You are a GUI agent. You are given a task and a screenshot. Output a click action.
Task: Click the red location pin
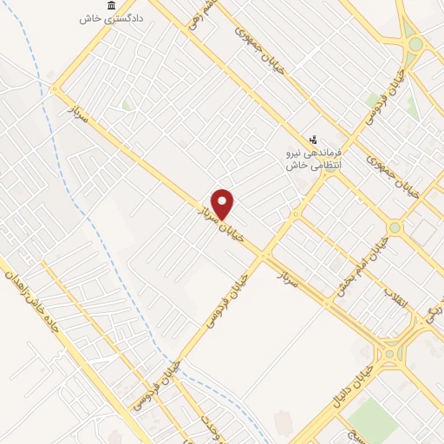click(x=223, y=202)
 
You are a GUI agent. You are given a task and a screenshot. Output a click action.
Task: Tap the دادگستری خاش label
click(x=112, y=18)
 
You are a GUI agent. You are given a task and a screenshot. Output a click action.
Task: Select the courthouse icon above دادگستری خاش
click(x=110, y=6)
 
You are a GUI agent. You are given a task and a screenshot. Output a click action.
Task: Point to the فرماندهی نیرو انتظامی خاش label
click(x=315, y=157)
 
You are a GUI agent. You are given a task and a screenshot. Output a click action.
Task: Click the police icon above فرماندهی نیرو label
click(x=313, y=139)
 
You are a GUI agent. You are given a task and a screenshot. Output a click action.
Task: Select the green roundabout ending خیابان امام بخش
click(x=395, y=227)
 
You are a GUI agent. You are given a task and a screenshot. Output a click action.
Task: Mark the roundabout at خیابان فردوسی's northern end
click(x=415, y=44)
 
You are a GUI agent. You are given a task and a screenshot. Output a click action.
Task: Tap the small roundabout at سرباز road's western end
click(x=56, y=88)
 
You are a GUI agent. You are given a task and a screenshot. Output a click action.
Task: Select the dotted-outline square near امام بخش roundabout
click(x=423, y=232)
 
